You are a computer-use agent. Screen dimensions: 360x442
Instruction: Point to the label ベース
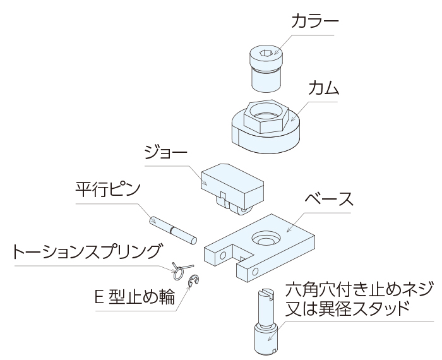[x=326, y=201]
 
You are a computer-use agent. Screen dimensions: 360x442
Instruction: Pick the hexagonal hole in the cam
[x=265, y=115]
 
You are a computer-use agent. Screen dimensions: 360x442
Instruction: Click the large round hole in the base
[x=265, y=239]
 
